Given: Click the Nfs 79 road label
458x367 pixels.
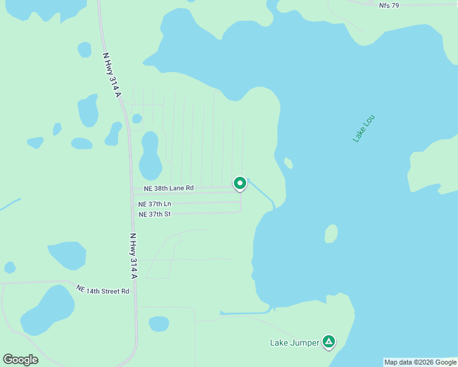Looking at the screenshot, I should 388,5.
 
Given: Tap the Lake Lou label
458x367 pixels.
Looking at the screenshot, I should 363,128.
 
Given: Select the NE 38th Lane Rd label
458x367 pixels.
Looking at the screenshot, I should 168,188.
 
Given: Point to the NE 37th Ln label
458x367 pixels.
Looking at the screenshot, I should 155,204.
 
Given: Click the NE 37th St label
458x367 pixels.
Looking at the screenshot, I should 154,214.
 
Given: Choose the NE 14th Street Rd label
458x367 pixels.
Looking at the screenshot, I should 103,289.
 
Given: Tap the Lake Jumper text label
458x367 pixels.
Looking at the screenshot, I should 295,343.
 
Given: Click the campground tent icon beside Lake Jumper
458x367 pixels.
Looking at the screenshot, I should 329,342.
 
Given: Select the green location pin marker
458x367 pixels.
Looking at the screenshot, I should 240,183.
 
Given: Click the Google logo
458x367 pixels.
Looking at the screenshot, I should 20,359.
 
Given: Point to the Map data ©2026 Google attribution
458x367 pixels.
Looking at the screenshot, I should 420,362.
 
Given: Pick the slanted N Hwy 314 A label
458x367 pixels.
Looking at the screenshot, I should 111,74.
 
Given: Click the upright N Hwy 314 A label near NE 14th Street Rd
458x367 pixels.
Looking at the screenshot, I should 133,256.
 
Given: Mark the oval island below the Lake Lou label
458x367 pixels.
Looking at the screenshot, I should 331,234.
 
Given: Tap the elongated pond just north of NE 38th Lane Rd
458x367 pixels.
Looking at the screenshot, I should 150,155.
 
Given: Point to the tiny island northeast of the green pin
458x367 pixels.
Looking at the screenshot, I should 288,163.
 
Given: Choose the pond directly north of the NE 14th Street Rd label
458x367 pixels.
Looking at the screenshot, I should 67,255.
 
